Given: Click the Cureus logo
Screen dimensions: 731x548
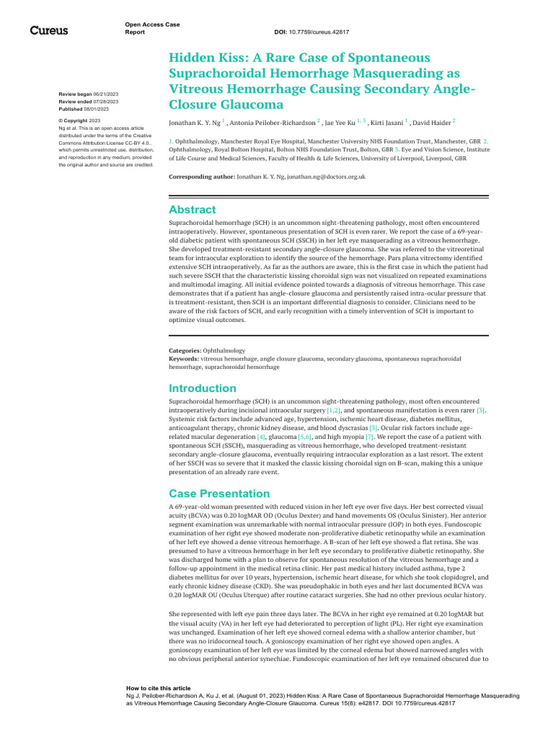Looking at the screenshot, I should (49, 30).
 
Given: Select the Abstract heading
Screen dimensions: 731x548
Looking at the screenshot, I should (192, 210).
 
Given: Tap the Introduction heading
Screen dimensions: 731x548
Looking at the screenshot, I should (202, 388).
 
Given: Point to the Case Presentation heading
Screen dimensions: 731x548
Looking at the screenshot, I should (219, 493).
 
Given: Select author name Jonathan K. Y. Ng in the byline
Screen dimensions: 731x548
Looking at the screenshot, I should (194, 123).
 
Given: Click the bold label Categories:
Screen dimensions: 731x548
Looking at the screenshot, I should (184, 351).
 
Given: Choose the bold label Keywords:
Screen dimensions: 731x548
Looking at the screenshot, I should (183, 358).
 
